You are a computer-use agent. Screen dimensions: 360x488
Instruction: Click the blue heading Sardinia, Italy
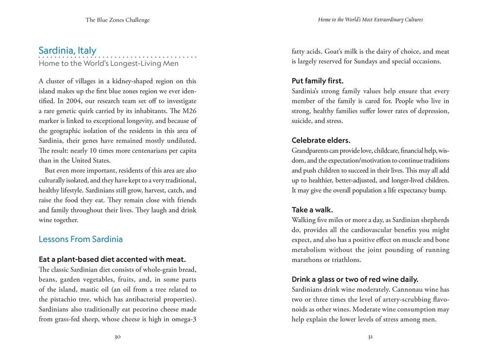click(67, 50)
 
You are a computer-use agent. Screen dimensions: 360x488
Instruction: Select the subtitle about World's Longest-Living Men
click(108, 63)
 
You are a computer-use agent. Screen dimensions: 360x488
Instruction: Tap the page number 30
click(118, 337)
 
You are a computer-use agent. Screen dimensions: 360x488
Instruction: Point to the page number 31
click(370, 337)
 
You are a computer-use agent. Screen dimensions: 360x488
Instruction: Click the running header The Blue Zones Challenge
click(118, 20)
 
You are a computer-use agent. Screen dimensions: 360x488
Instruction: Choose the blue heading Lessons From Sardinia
click(81, 239)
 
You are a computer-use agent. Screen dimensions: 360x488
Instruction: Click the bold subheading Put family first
click(317, 81)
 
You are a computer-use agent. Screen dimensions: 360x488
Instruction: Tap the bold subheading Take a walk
click(312, 210)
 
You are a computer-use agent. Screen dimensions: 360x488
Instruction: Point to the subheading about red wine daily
click(355, 279)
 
